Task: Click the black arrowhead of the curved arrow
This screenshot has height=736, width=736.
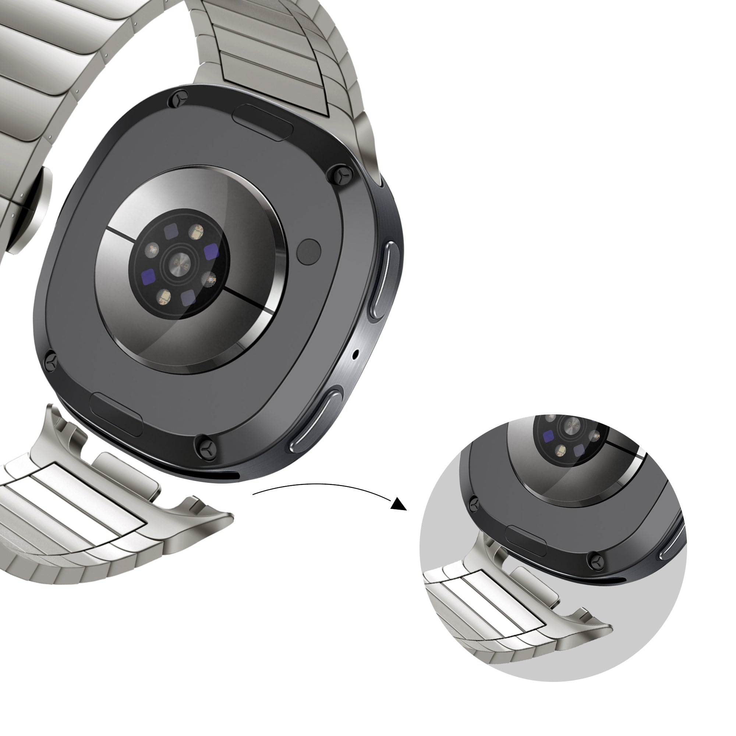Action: point(399,505)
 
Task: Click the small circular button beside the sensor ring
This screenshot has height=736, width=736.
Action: point(309,251)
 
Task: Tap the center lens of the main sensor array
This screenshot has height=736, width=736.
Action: point(181,263)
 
